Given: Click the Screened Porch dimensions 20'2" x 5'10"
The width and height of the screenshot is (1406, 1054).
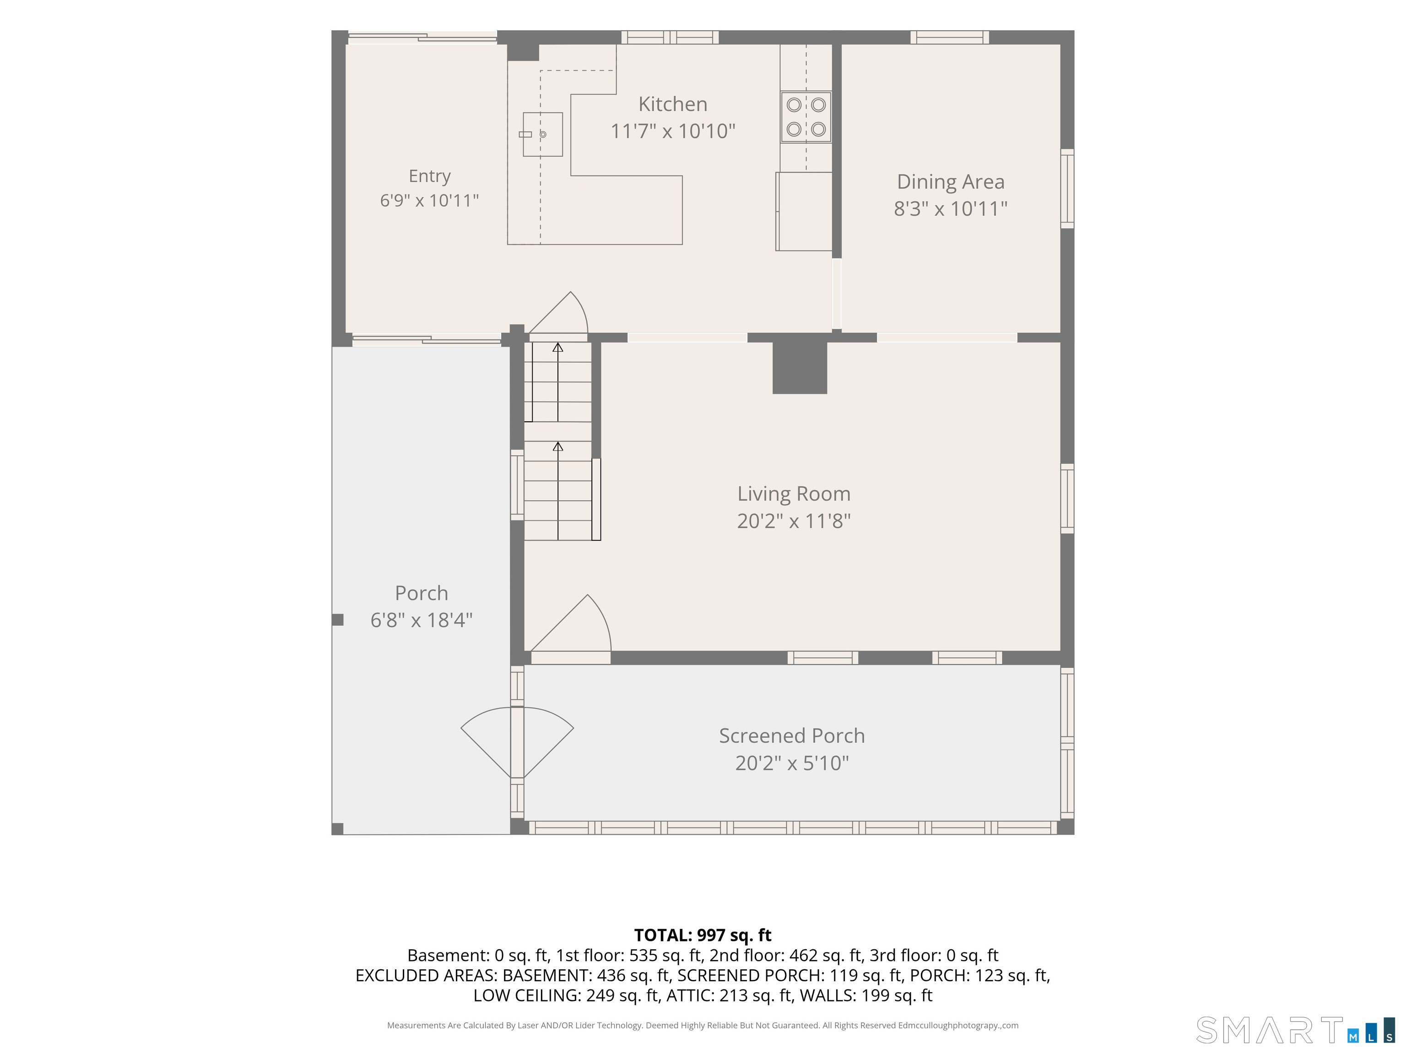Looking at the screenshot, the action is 792,763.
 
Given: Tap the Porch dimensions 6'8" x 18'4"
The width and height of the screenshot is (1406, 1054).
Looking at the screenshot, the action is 422,619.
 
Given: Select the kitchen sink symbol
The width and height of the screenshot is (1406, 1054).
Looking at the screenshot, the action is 543,134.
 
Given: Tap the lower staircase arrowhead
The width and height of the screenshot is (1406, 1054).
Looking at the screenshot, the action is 557,446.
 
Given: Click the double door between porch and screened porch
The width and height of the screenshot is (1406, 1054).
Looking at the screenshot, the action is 517,742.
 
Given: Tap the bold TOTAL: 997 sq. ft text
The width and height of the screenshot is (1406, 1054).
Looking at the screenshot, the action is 703,935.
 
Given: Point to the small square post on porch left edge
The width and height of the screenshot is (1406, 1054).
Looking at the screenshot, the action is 337,619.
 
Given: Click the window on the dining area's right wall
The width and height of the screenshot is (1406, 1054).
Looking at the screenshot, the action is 1067,188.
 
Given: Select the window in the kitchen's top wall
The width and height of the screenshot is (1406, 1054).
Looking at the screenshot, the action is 670,38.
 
